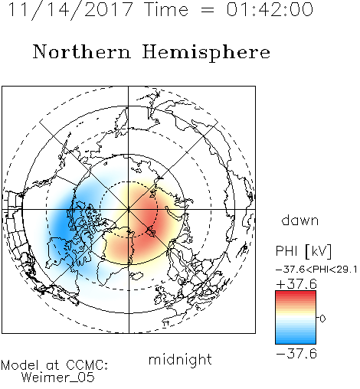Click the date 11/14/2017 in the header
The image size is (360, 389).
[70, 10]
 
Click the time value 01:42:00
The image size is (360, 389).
[270, 10]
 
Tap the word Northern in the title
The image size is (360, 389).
[82, 51]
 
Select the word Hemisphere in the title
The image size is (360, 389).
[206, 52]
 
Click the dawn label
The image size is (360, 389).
[300, 220]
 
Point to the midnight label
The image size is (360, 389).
[180, 359]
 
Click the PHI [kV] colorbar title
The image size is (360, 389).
[303, 251]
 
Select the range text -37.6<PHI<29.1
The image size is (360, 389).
[316, 270]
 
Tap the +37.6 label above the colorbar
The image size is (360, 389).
[296, 284]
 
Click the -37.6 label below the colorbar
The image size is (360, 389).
[296, 354]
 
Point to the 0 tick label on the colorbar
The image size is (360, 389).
[322, 319]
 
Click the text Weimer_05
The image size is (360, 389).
[58, 378]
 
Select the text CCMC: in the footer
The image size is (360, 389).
[87, 365]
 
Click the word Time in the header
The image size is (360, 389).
[166, 10]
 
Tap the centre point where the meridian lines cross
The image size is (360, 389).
[129, 209]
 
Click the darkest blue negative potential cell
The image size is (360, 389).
[62, 224]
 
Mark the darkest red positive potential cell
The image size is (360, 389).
[151, 217]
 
